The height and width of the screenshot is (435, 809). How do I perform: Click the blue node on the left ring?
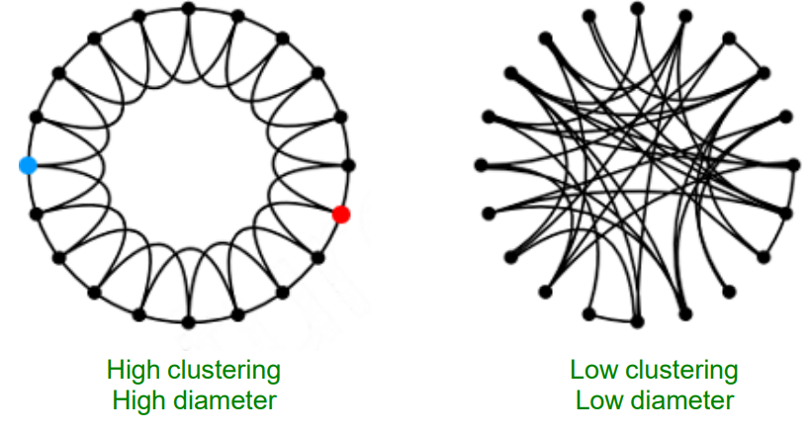click(x=28, y=165)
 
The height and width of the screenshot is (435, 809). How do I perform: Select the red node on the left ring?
click(x=340, y=214)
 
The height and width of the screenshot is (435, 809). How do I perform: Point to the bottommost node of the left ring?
click(x=188, y=322)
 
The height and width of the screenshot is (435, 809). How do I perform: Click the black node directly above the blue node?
click(x=37, y=117)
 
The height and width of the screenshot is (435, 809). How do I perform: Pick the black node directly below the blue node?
click(x=37, y=213)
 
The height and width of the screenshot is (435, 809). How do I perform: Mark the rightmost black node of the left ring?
click(x=348, y=165)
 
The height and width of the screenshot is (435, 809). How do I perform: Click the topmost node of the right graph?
click(x=637, y=8)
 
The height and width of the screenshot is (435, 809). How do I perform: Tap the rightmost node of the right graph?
click(x=794, y=164)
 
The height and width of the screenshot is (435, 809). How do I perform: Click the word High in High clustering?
click(x=135, y=371)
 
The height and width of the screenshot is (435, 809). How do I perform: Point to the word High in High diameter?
click(x=140, y=400)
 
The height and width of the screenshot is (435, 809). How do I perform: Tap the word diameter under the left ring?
click(x=227, y=400)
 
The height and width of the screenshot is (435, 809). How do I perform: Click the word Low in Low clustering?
click(x=591, y=371)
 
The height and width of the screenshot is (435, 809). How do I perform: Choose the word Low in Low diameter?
click(x=596, y=400)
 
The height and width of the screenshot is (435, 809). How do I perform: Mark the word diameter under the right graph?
click(x=682, y=400)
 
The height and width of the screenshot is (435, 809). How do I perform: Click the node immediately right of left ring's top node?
click(x=236, y=16)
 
